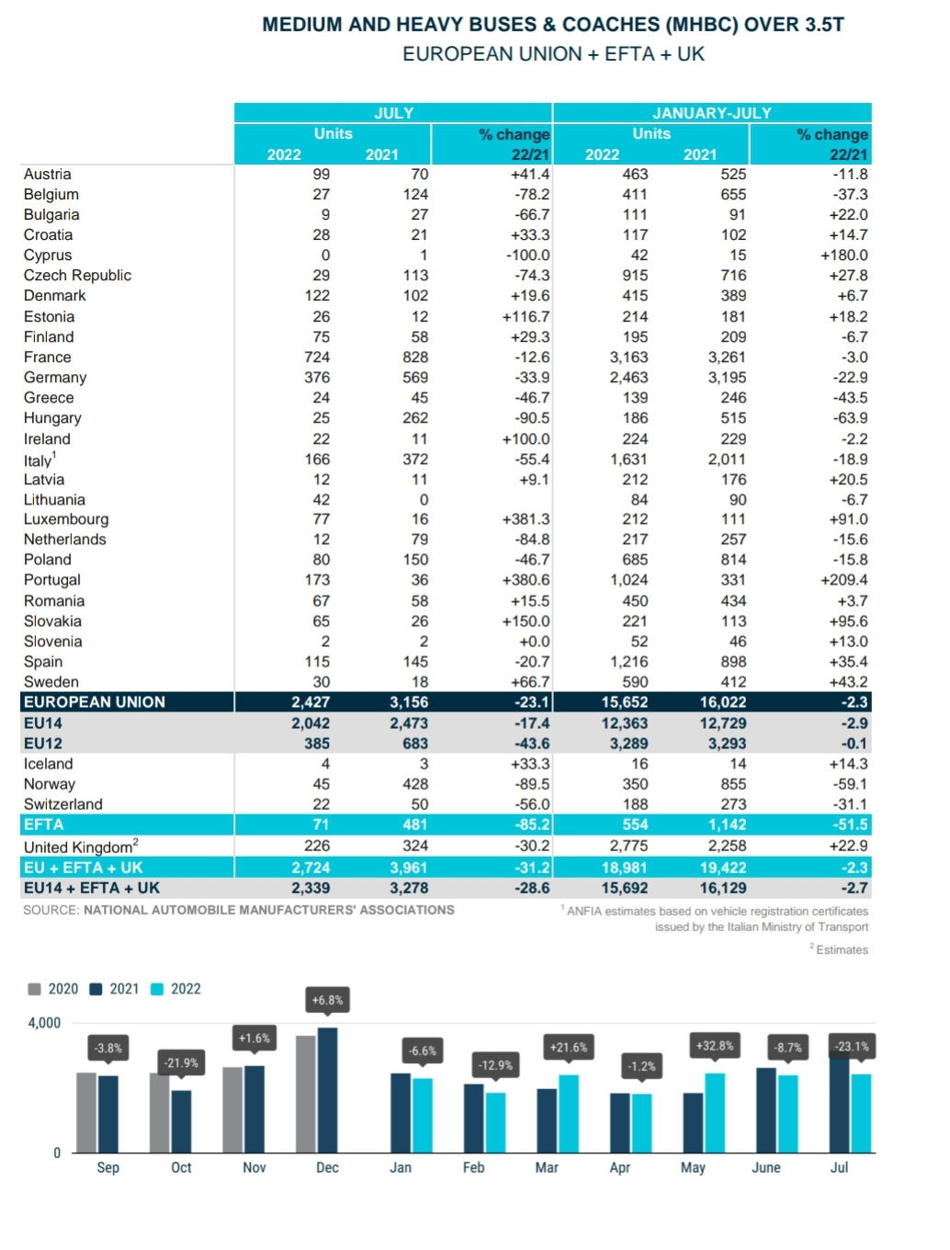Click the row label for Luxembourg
tap(66, 518)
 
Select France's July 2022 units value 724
tap(316, 357)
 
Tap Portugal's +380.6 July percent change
tap(526, 580)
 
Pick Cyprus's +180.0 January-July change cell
tap(843, 256)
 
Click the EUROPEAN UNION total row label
tap(95, 701)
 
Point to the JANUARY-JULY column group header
tap(711, 113)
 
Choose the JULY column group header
tap(393, 113)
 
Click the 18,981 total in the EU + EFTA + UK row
tap(625, 868)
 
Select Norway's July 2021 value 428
tap(415, 784)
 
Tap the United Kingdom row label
tap(81, 847)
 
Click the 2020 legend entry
tap(53, 989)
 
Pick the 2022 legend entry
tap(175, 989)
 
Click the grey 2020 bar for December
tap(306, 1095)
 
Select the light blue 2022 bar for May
tap(715, 1113)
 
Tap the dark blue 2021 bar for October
tap(181, 1122)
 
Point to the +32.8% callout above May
tap(715, 1046)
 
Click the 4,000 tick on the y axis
tap(44, 1023)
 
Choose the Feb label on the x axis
tap(473, 1167)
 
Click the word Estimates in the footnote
tap(842, 949)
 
